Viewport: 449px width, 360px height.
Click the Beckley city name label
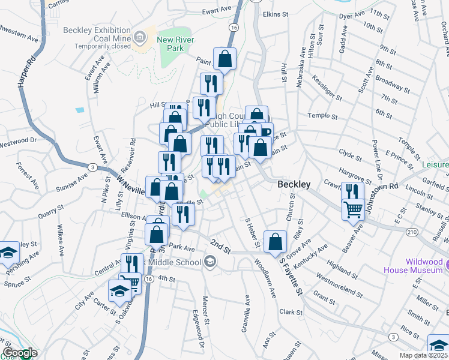click(x=294, y=185)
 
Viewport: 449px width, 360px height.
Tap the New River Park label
click(x=174, y=45)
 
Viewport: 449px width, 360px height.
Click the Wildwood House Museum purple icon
click(x=445, y=263)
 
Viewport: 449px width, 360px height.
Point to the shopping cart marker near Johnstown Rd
click(x=352, y=210)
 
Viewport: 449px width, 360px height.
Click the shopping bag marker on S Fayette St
click(x=275, y=242)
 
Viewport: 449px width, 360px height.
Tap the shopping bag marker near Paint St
click(x=224, y=59)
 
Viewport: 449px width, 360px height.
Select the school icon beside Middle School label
click(x=209, y=261)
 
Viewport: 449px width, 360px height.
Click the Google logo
click(x=19, y=353)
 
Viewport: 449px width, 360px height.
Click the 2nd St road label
click(x=220, y=246)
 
